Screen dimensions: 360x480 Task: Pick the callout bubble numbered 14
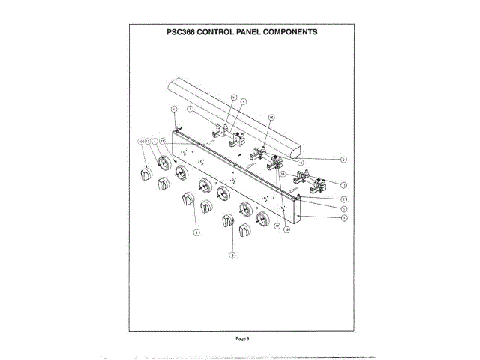coord(234,98)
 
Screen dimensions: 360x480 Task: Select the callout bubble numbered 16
coord(271,117)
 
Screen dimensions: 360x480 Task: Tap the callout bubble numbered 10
coord(139,141)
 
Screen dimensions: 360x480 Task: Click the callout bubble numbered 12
coord(147,141)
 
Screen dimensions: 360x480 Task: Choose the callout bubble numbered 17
coord(276,224)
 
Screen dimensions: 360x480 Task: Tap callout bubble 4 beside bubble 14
coord(244,101)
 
